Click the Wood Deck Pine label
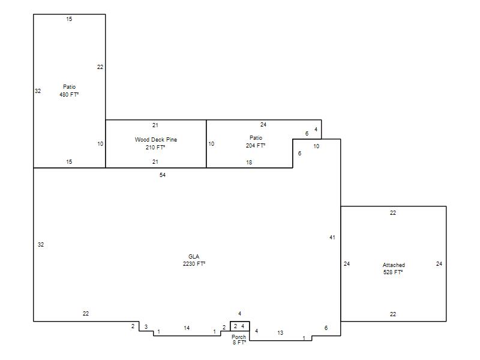(156, 140)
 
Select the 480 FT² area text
(69, 95)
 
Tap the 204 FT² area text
(256, 146)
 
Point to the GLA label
(194, 257)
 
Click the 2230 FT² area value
(194, 264)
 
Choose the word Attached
(394, 265)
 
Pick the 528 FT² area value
(393, 272)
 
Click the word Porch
(239, 337)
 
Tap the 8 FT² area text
(239, 343)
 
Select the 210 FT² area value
(155, 148)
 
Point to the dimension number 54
(163, 175)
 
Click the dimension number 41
(332, 237)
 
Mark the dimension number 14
(187, 328)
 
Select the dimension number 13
(280, 333)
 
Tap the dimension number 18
(249, 163)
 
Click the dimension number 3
(146, 327)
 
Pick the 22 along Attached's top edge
(393, 213)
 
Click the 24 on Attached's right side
(439, 264)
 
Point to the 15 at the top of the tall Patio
(69, 19)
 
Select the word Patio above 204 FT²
(256, 138)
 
